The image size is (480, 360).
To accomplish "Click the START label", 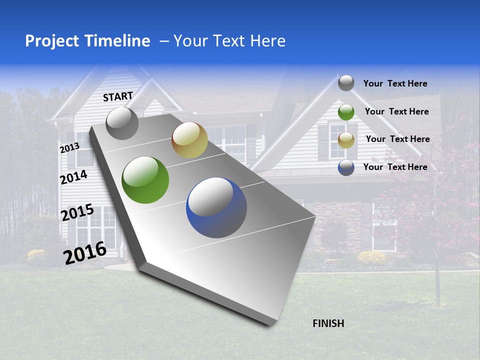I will [118, 96].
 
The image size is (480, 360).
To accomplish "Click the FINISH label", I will [328, 323].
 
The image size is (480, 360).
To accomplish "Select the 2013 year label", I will [69, 148].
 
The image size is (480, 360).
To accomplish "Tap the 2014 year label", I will [73, 177].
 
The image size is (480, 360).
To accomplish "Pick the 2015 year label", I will [77, 212].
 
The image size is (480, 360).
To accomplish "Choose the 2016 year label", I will [84, 253].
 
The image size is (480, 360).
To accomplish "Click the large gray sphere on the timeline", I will [122, 123].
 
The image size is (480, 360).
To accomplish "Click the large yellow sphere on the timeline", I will [189, 140].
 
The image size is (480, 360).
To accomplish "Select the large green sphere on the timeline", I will [145, 180].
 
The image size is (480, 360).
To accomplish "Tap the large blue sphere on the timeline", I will [216, 207].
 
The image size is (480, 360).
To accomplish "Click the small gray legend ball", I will [346, 83].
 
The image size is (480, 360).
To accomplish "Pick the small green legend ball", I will [346, 112].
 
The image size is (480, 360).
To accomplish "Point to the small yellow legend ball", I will [346, 140].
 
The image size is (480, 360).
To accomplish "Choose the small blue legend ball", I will [346, 167].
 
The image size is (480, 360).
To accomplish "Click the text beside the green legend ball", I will [396, 111].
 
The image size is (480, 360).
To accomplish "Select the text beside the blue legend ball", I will [395, 167].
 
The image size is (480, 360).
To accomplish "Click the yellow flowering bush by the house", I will [371, 257].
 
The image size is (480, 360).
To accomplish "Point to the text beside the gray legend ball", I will [395, 83].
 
